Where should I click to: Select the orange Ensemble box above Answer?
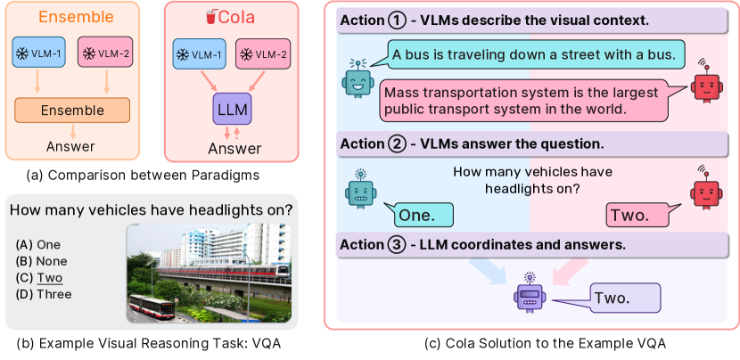pyautogui.click(x=73, y=110)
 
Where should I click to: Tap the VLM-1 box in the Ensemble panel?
pyautogui.click(x=39, y=53)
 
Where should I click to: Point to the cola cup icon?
pyautogui.click(x=210, y=16)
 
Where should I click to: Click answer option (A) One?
pyautogui.click(x=38, y=244)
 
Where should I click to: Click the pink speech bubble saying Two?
pyautogui.click(x=635, y=215)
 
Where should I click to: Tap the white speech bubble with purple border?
pyautogui.click(x=625, y=299)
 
